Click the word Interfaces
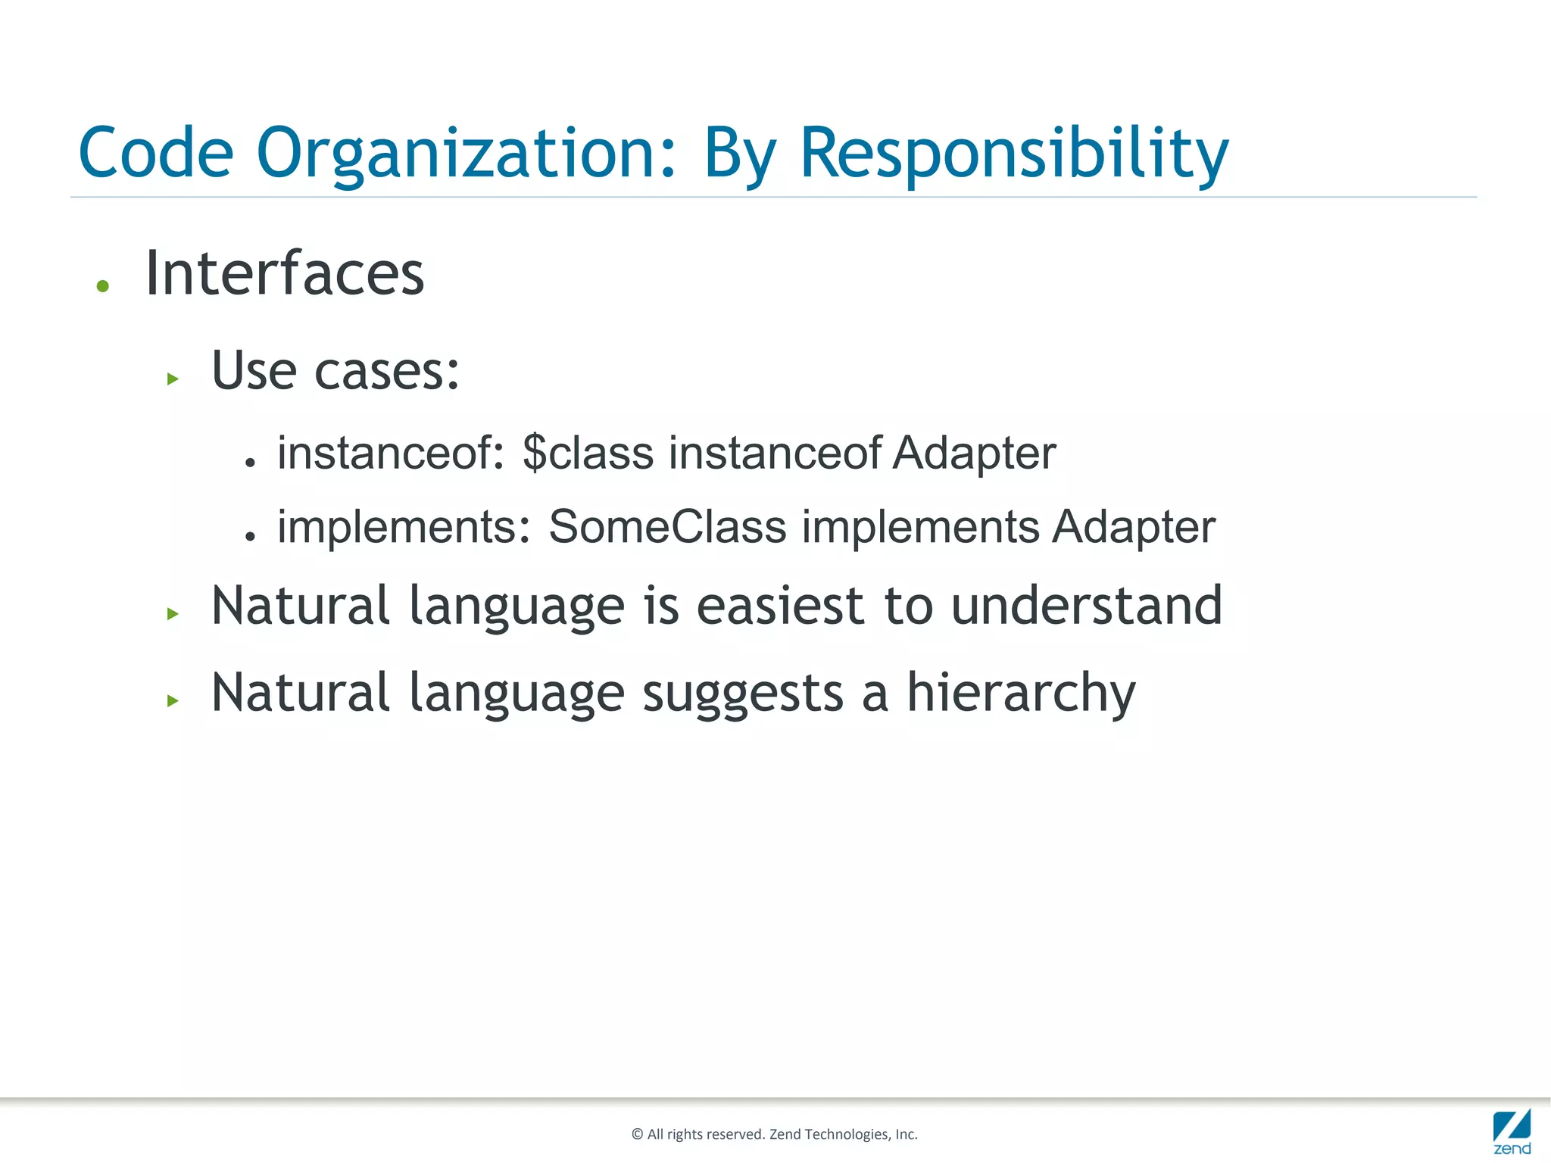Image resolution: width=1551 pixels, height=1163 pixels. point(284,274)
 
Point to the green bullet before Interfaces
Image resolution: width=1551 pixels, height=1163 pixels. point(103,286)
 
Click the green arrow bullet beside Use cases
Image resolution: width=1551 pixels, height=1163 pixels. point(173,379)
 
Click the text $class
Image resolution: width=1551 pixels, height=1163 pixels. point(588,454)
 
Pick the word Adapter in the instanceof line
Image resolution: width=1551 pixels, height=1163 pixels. point(974,454)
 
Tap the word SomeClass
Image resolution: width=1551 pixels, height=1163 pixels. point(667,527)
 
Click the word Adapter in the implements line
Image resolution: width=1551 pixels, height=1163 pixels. point(1133,527)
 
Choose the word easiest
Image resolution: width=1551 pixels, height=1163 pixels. point(780,606)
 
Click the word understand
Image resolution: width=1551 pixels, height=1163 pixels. point(1086,606)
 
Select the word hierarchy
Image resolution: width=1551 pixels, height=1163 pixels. point(1021,694)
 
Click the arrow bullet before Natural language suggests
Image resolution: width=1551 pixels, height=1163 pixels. point(173,701)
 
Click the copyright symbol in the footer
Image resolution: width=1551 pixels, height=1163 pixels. point(637,1134)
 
